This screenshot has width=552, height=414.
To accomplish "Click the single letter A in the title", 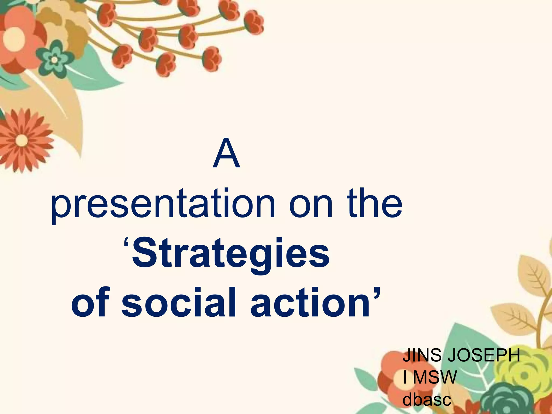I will (226, 153).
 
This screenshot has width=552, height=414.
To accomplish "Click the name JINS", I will (422, 355).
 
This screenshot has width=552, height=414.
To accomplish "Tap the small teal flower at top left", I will (54, 60).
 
